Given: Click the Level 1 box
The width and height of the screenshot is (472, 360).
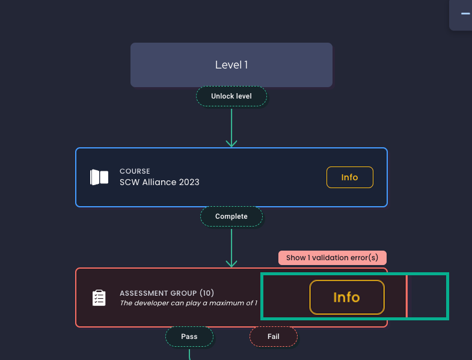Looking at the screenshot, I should (x=231, y=65).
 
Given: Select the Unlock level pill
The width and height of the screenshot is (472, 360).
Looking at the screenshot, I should (x=231, y=96).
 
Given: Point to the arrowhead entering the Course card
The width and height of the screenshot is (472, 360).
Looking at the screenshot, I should (x=231, y=143).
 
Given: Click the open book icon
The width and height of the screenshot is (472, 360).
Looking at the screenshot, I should (x=99, y=177).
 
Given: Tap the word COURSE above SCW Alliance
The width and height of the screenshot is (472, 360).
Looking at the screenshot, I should (x=135, y=171).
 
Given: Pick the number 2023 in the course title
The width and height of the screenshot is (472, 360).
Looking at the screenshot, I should (x=188, y=182).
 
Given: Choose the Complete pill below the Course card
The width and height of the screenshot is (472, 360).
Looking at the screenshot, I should (x=231, y=216).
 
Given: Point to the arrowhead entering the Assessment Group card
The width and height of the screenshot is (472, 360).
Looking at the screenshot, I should (x=231, y=263).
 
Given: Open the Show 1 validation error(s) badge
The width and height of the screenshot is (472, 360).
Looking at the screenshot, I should (x=332, y=258).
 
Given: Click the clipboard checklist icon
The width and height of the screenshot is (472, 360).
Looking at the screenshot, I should (x=99, y=297).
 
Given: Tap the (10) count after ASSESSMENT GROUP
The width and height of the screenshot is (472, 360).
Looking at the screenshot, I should (x=207, y=293).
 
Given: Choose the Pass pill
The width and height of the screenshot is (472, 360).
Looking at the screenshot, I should (x=189, y=337).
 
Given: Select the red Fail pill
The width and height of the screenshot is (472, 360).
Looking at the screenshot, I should (x=274, y=337).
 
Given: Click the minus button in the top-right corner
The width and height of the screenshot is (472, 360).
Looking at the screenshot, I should (x=465, y=13).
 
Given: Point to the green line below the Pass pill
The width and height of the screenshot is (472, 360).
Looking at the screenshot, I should (x=189, y=353).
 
